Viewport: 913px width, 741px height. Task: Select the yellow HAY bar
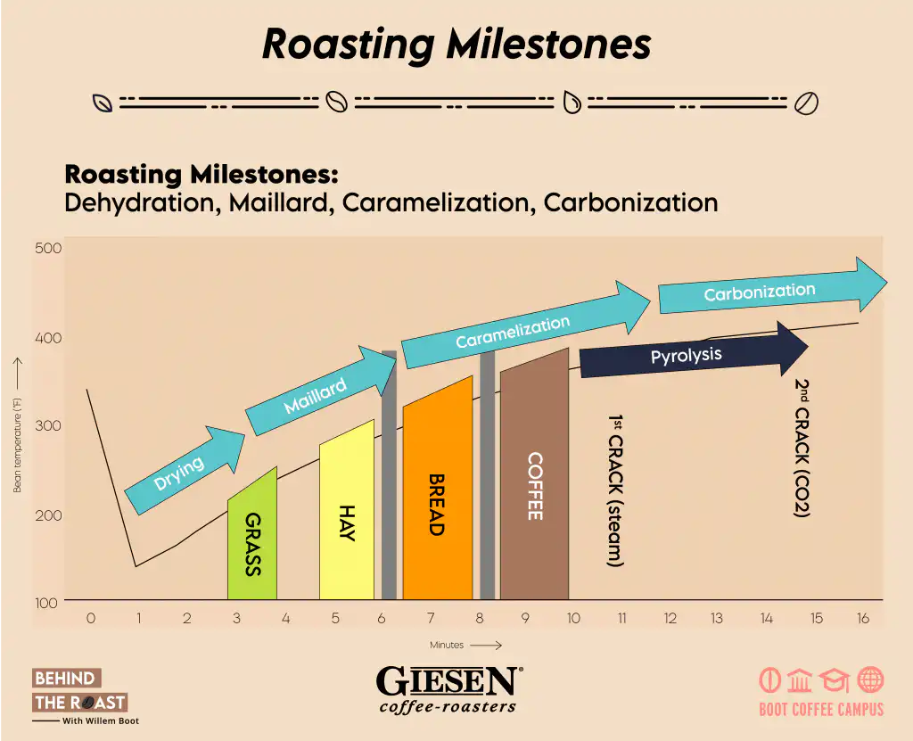click(347, 513)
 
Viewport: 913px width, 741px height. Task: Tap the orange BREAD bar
click(438, 492)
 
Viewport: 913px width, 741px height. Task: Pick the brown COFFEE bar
click(535, 478)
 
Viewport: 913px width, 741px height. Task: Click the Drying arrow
click(185, 470)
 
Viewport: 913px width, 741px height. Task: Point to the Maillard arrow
click(320, 391)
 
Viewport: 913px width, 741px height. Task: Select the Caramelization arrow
click(525, 325)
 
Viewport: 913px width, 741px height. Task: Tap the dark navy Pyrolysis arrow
click(694, 350)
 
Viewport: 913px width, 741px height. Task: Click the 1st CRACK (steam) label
click(615, 490)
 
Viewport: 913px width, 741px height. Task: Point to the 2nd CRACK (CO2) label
click(802, 448)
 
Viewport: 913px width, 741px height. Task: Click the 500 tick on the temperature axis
click(48, 248)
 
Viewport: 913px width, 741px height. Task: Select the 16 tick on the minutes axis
click(863, 618)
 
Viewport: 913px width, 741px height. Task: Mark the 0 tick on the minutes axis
click(91, 618)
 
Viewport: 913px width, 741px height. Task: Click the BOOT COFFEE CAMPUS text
click(821, 710)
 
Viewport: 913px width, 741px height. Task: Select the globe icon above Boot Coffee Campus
click(870, 679)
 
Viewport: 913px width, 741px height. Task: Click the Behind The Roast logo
click(85, 696)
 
